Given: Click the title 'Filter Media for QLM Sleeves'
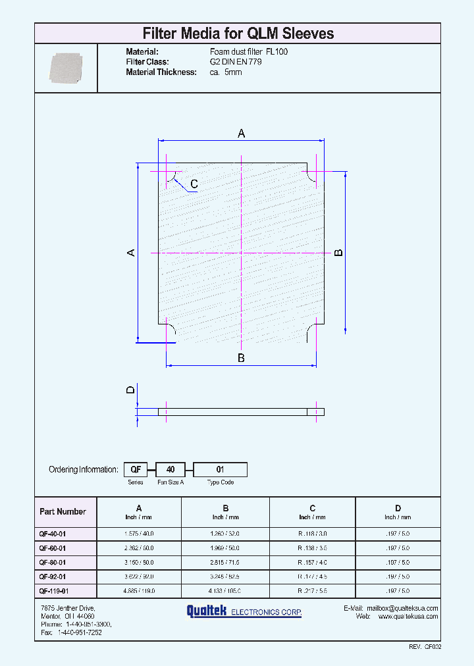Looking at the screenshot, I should tap(238, 34).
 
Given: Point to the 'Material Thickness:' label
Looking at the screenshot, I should tap(161, 72).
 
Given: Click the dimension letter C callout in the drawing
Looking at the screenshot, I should tap(194, 184).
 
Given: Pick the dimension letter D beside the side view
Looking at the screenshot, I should tap(130, 390).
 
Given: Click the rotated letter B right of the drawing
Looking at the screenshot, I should tap(338, 253).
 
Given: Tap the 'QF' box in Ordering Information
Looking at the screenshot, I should tap(136, 470).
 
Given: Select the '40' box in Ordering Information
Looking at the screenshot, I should tap(170, 470).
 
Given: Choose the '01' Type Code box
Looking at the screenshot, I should tap(220, 470).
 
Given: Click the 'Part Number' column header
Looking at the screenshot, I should tap(63, 511).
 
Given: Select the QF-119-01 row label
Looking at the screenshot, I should tap(54, 591).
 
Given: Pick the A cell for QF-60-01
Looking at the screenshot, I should tap(138, 548).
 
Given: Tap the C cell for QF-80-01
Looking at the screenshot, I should tap(313, 563).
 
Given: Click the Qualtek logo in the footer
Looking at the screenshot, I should tap(244, 612).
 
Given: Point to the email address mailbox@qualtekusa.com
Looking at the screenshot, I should tap(402, 608).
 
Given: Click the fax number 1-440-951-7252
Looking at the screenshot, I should tap(80, 632).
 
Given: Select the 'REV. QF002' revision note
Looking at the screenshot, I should tap(424, 647).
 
